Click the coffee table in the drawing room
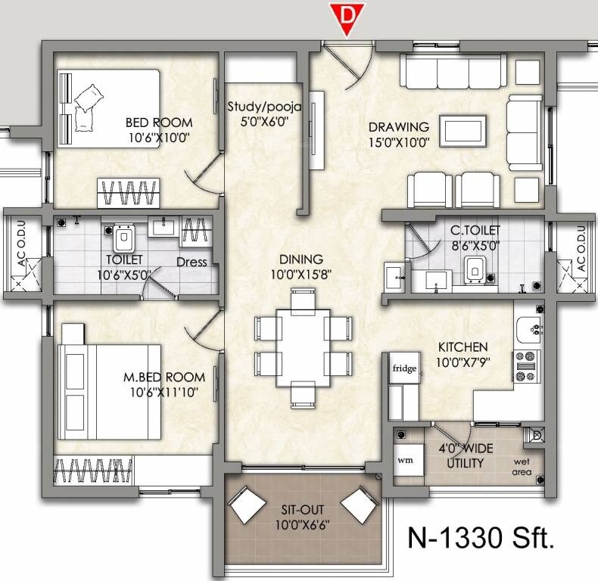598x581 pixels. coord(464,128)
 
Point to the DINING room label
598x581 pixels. coord(301,259)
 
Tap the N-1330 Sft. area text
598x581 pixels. coord(481,538)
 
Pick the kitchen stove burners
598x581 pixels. coord(525,365)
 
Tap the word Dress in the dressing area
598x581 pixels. coord(192,263)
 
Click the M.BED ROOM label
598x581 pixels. coord(164,377)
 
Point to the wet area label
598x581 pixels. coord(522,467)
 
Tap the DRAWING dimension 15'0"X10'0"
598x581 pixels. coord(399,141)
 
